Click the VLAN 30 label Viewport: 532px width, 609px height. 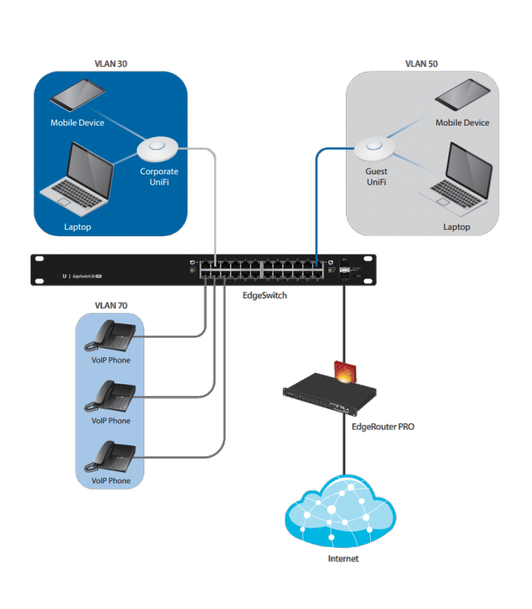[x=111, y=64]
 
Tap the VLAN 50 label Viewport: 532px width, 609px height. [x=421, y=64]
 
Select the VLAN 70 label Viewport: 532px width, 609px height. [x=111, y=305]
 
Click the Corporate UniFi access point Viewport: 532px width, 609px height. [x=158, y=145]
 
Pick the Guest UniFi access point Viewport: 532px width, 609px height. [x=375, y=145]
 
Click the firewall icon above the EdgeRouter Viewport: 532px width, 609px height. [x=345, y=371]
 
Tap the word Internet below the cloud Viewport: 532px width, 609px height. [x=343, y=559]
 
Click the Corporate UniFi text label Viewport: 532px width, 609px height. [x=159, y=177]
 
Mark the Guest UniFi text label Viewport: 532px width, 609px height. [x=376, y=177]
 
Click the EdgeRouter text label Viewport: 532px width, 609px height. [x=382, y=427]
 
